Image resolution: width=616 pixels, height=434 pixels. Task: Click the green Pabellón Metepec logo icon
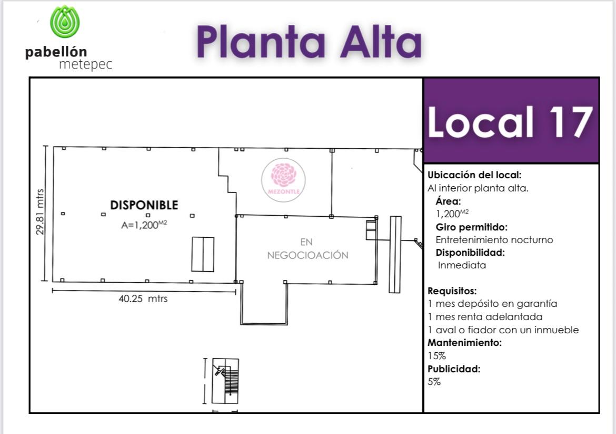[x=65, y=22]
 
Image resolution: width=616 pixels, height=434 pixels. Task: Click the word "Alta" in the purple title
[x=381, y=42]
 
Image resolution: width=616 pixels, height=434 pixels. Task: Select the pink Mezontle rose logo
[x=283, y=180]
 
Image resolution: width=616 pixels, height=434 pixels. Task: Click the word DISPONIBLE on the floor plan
[x=144, y=205]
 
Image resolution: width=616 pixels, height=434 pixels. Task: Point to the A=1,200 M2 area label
[x=144, y=225]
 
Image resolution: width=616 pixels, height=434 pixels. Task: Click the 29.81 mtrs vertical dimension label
[x=39, y=212]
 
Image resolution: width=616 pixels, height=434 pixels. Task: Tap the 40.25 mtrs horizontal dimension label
[x=143, y=298]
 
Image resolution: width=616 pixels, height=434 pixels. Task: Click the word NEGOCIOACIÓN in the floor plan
[x=307, y=255]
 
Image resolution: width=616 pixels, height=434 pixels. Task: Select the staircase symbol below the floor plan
[x=225, y=381]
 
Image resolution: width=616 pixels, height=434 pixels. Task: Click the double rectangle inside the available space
[x=203, y=254]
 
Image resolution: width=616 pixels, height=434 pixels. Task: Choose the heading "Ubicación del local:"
[x=474, y=175]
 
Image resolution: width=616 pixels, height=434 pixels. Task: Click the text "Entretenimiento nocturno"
[x=494, y=239]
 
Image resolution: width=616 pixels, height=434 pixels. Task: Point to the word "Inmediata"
[x=462, y=265]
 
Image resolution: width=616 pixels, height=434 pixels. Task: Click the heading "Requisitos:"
[x=452, y=291]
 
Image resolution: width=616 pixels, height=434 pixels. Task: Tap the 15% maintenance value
[x=437, y=356]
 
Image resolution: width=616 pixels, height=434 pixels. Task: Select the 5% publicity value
[x=434, y=382]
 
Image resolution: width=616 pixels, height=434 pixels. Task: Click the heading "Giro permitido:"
[x=471, y=227]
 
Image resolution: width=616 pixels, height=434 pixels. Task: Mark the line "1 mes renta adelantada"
[x=485, y=317]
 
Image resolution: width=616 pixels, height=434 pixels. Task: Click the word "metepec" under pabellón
[x=86, y=64]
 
